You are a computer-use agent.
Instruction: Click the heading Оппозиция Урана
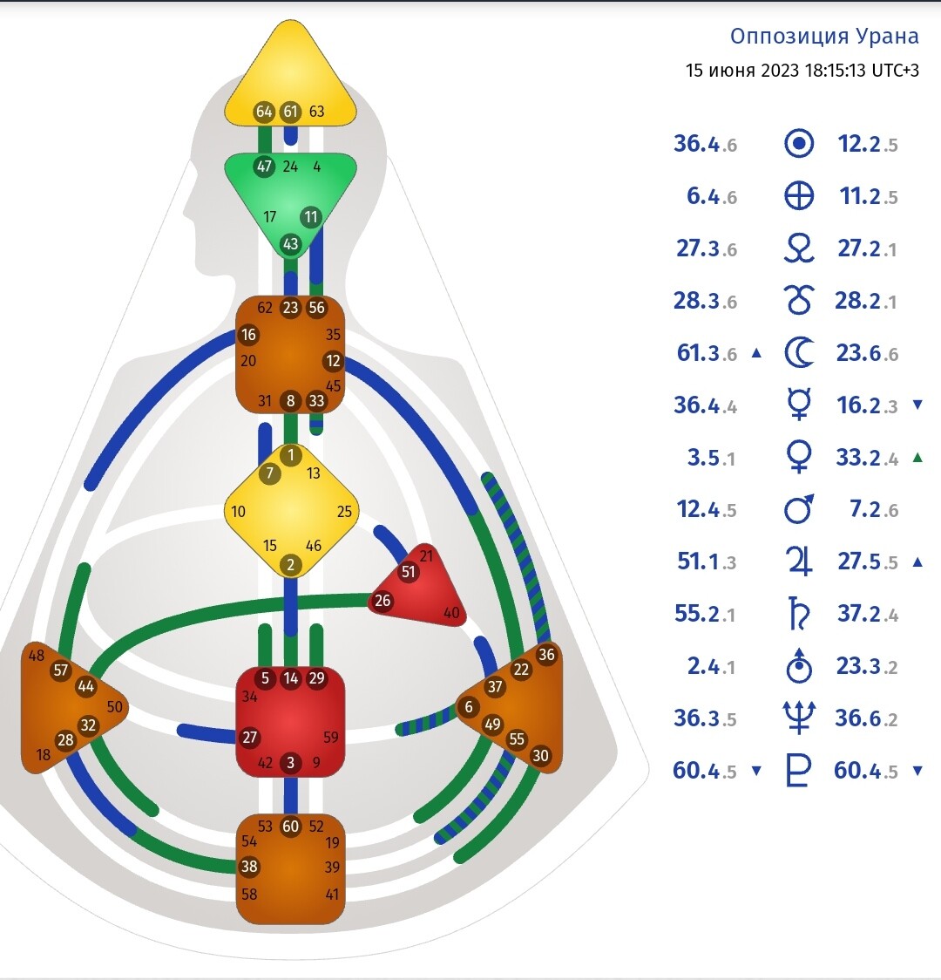coord(824,37)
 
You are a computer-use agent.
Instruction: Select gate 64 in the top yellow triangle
coord(264,112)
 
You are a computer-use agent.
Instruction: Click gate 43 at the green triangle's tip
coord(290,244)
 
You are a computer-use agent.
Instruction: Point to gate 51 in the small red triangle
coord(409,572)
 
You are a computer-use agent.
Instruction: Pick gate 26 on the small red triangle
coord(382,601)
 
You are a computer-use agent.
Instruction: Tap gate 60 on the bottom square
coord(291,827)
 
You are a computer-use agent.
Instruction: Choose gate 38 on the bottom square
coord(250,867)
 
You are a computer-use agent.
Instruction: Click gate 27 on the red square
coord(250,738)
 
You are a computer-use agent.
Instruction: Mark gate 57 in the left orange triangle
coord(60,670)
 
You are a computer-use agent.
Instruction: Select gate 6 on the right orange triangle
coord(469,707)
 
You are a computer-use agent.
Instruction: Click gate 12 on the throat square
coord(333,361)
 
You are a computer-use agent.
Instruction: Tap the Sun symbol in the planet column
coord(799,144)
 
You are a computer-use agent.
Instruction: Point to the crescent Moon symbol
coord(799,353)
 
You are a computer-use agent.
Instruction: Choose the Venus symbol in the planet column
coord(799,457)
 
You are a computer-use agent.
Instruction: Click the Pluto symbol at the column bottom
coord(799,771)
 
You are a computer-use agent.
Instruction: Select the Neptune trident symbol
coord(799,718)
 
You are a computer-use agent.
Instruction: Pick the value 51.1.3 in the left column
coord(706,561)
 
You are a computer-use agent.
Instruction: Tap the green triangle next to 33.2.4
coord(917,457)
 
